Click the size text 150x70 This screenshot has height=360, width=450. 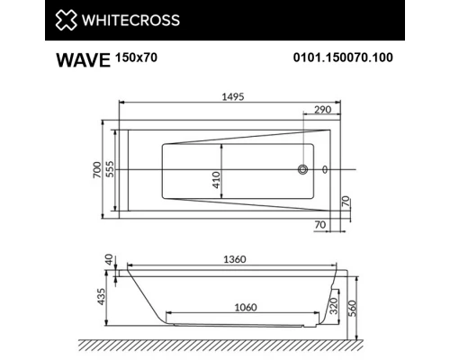(136, 59)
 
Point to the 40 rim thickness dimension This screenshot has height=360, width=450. (109, 259)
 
